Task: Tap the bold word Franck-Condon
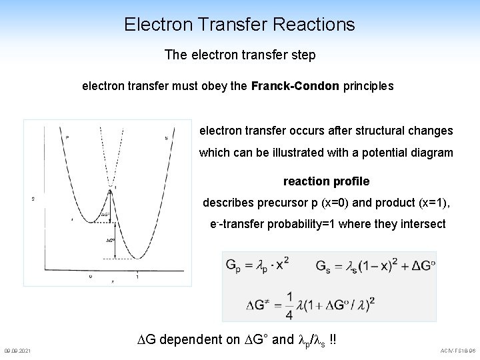click(x=295, y=86)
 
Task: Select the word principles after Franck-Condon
click(x=368, y=86)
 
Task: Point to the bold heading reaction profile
click(x=326, y=181)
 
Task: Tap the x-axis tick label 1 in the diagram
click(x=137, y=275)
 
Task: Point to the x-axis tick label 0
click(x=91, y=275)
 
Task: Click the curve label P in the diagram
click(x=67, y=138)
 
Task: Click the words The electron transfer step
click(x=240, y=55)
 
